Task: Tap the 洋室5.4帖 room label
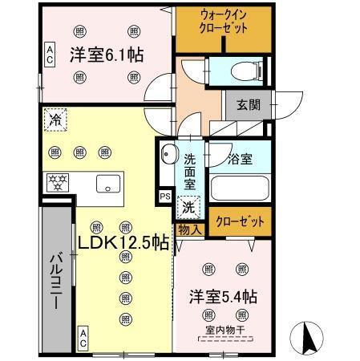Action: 224,295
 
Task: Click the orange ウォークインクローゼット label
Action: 224,28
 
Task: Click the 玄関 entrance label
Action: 248,105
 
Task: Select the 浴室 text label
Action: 239,158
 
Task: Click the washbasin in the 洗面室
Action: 168,154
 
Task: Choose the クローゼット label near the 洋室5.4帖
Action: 240,219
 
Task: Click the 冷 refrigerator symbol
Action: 55,119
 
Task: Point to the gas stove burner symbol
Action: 57,182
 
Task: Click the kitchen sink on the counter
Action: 107,184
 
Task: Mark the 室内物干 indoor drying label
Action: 224,330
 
